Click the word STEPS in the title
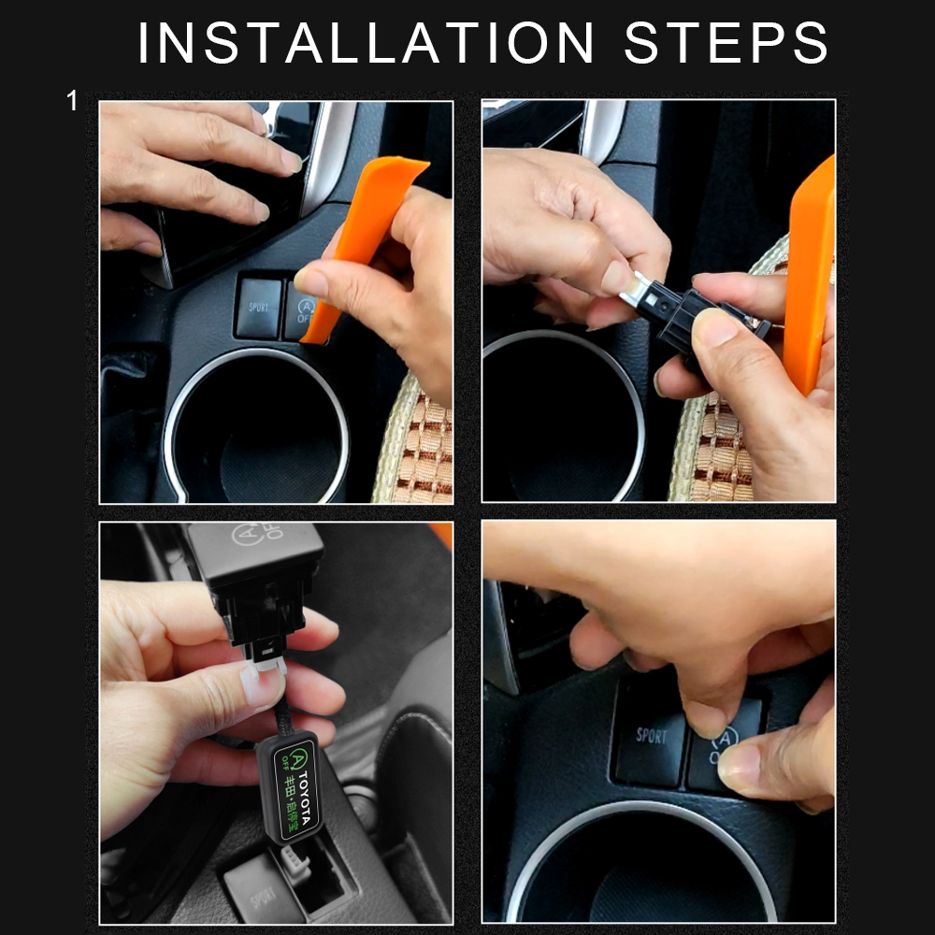click(726, 42)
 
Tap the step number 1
click(72, 101)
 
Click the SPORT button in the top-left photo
click(258, 307)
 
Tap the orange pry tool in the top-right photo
click(810, 280)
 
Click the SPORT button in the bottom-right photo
click(651, 739)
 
